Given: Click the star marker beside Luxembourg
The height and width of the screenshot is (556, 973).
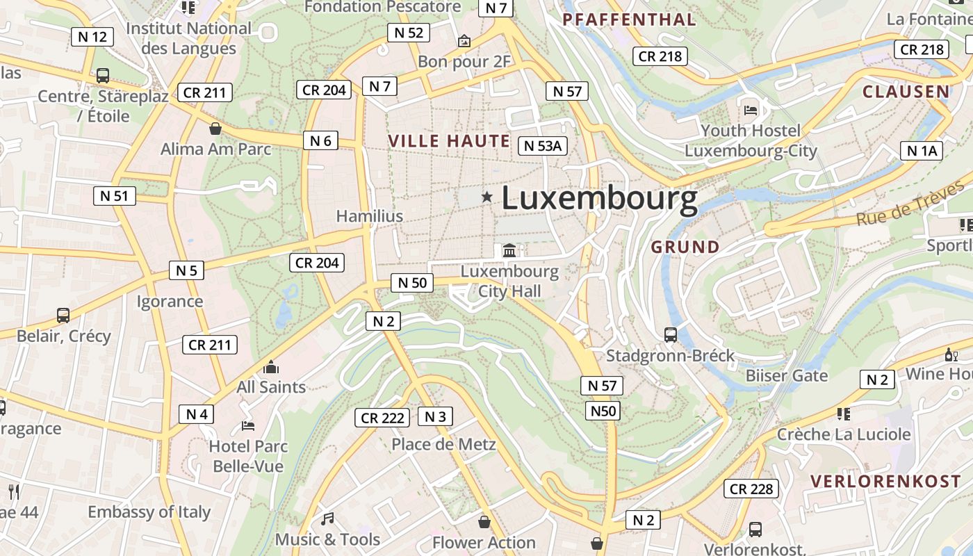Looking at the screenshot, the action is pos(487,197).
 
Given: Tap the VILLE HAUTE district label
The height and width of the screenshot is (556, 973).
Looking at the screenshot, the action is pos(449,141).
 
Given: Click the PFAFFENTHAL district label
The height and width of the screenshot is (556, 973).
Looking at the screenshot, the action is pos(629,19).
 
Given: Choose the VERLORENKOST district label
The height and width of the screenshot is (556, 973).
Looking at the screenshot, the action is pos(885,481).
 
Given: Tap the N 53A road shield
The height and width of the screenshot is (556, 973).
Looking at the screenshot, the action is pos(543,145).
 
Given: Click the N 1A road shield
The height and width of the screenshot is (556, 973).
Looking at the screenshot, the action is pos(922,151).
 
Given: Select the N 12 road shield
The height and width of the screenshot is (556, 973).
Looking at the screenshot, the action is pos(92,37).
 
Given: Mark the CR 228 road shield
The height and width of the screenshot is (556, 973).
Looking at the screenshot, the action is pos(751,489).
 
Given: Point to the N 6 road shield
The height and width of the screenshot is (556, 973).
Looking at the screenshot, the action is pos(320,140).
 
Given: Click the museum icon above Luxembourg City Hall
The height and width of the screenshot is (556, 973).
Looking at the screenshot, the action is pos(509,250).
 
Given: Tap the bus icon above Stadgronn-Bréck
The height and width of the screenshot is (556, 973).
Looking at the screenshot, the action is pos(671,335).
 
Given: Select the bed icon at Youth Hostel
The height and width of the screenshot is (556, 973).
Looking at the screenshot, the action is pos(751,109).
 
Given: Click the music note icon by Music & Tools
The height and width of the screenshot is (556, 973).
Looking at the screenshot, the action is pos(327,518).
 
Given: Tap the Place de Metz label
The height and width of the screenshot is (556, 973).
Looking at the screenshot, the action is pos(443,444).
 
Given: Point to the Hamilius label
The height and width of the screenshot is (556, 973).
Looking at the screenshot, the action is pos(369,216).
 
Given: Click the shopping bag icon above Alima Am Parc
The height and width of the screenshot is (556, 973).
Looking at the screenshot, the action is pos(215,129).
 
